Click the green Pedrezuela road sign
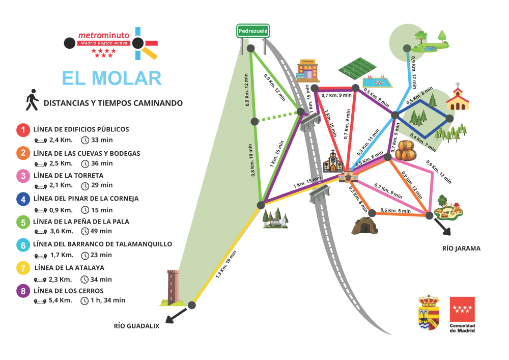pos(253,32)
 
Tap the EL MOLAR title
pos(111,78)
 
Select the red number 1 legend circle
pos(23,130)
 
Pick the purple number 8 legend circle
pos(23,291)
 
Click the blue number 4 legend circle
pos(23,199)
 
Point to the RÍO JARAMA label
pos(462,248)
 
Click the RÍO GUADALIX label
pos(136,326)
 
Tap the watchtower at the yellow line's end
pos(173,287)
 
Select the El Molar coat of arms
pos(429,312)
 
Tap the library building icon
pos(308,70)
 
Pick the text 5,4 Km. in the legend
pos(60,300)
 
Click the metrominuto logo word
pos(104,36)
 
